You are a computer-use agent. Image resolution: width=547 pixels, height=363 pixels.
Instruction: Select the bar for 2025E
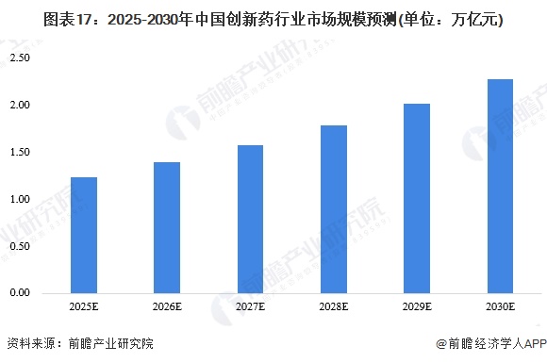(x=84, y=236)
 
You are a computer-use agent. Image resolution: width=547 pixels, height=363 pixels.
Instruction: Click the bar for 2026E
(x=167, y=228)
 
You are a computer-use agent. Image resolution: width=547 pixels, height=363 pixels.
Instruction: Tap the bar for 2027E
(x=250, y=220)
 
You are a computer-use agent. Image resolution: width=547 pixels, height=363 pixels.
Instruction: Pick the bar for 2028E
(x=333, y=209)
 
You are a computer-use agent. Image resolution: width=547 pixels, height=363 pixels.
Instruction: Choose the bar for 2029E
(x=416, y=199)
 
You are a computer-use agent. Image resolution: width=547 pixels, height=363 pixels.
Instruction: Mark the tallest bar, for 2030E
(x=500, y=187)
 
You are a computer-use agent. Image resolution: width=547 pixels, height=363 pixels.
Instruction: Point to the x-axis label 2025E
(x=84, y=308)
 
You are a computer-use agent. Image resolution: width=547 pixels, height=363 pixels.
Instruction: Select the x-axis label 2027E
(x=250, y=308)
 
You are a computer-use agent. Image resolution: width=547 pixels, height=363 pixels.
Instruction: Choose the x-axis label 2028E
(x=333, y=308)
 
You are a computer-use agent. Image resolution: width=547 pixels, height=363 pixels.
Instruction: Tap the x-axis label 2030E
(x=500, y=308)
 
